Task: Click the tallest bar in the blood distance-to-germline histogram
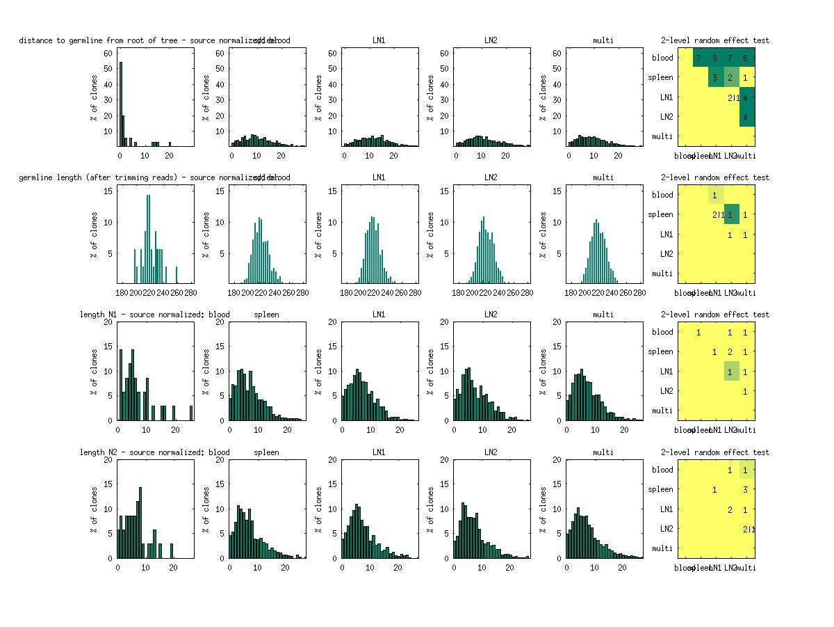(120, 104)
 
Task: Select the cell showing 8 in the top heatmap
(714, 58)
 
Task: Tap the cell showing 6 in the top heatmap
(745, 58)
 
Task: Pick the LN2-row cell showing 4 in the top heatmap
(745, 116)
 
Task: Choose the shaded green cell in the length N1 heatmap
(730, 372)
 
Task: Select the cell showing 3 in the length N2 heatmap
(745, 489)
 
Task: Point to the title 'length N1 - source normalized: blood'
(154, 315)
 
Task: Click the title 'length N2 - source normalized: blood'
(154, 452)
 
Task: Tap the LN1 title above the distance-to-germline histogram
(379, 40)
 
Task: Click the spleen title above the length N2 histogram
(266, 452)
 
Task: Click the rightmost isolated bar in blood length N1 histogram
(191, 413)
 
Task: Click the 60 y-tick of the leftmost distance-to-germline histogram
(108, 52)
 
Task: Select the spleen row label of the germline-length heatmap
(661, 214)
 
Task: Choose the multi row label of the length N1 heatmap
(662, 411)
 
